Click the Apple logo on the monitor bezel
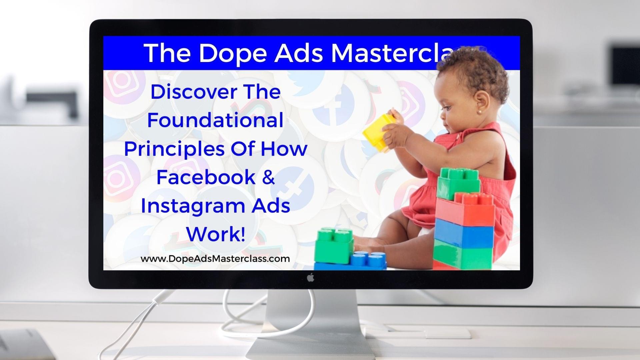click(311, 277)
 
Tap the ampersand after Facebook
click(268, 177)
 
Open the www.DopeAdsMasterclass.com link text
click(215, 259)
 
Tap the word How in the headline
click(284, 149)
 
